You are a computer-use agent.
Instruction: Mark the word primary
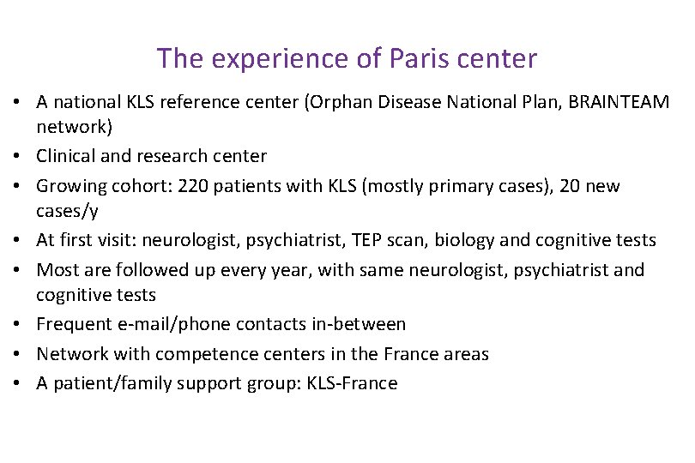click(488, 186)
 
